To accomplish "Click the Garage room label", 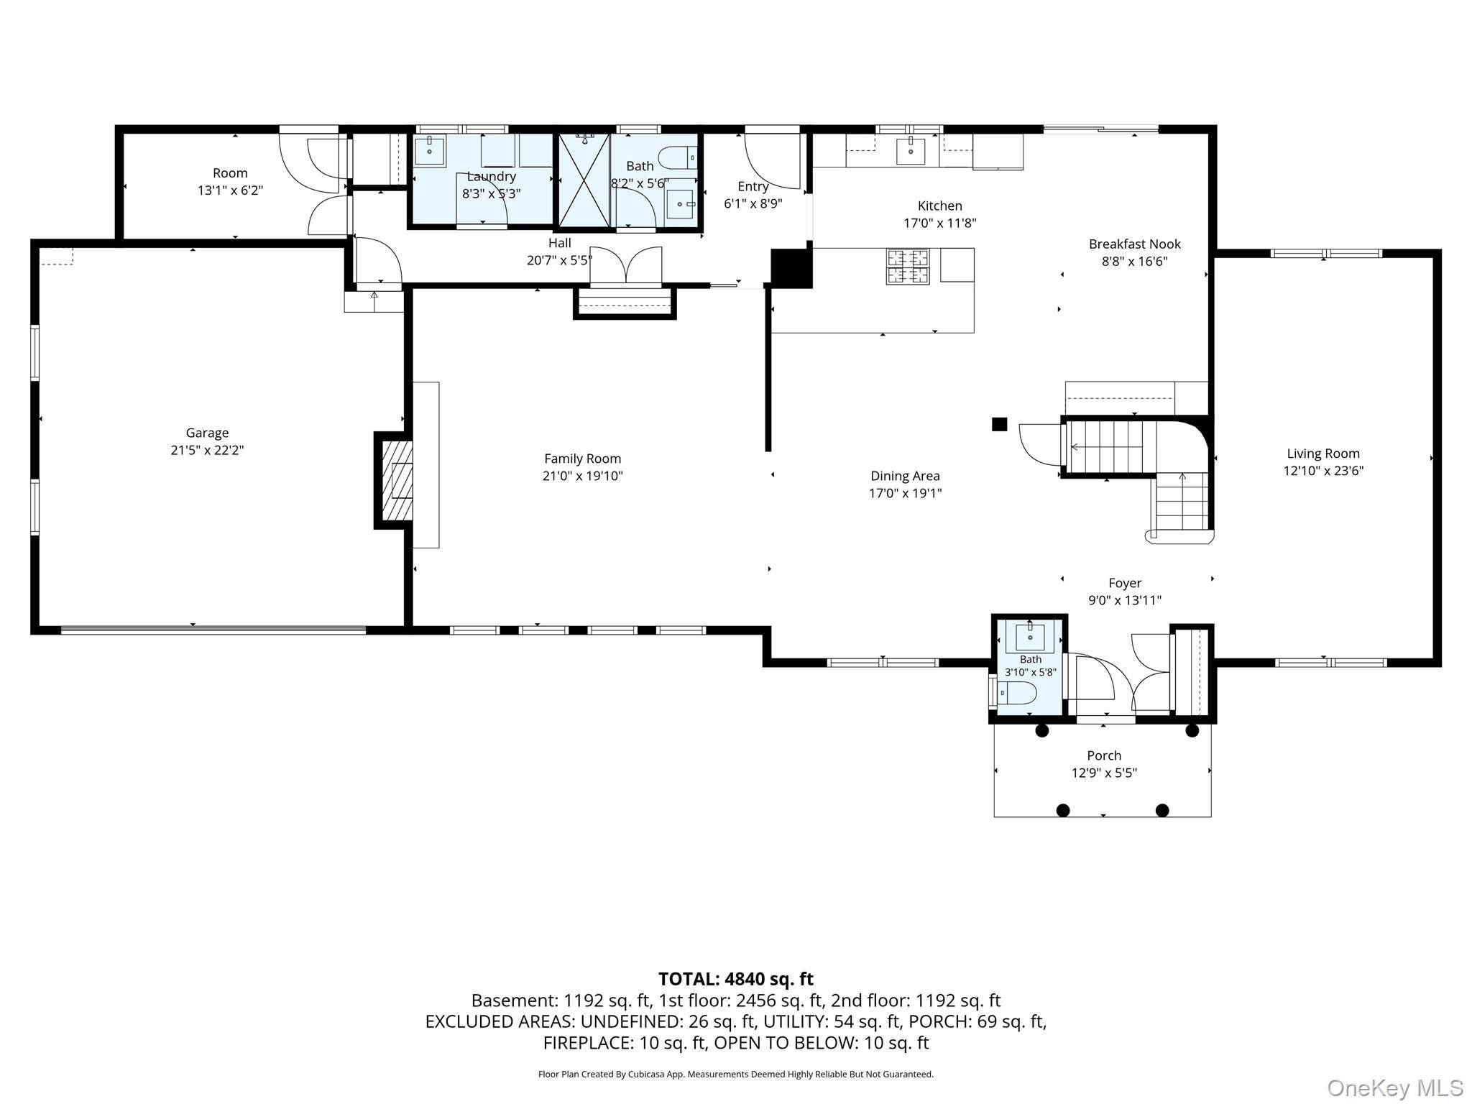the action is pos(207,433).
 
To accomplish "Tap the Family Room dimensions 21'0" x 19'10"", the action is pos(582,476).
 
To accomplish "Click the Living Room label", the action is pos(1323,454).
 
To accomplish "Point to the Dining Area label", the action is pos(905,476).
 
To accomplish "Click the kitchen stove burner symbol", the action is pos(908,267).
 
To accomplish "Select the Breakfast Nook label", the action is pos(1135,244).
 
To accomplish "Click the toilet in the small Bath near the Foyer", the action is pos(1018,694).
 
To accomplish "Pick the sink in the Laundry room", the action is pos(430,149).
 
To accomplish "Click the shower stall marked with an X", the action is pos(584,180).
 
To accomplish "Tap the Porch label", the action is pos(1104,755).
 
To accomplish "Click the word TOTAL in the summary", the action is pos(687,979).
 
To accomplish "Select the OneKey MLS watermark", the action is pos(1395,1087).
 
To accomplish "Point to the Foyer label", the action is pos(1125,583).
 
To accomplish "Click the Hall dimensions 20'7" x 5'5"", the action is pos(559,260).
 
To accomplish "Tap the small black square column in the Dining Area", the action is pos(999,424).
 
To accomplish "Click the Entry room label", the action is pos(753,187).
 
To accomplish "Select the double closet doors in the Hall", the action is pos(625,266).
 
